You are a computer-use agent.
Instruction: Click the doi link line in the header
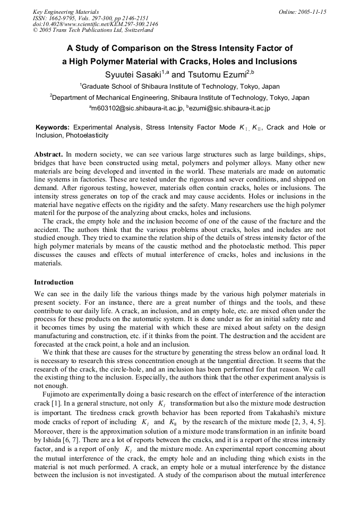pyautogui.click(x=95, y=24)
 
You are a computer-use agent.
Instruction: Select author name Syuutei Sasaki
pyautogui.click(x=132, y=74)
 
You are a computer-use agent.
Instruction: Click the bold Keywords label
pyautogui.click(x=53, y=128)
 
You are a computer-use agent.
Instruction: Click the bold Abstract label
pyautogui.click(x=48, y=153)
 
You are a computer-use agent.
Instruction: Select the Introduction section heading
pyautogui.click(x=54, y=282)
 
